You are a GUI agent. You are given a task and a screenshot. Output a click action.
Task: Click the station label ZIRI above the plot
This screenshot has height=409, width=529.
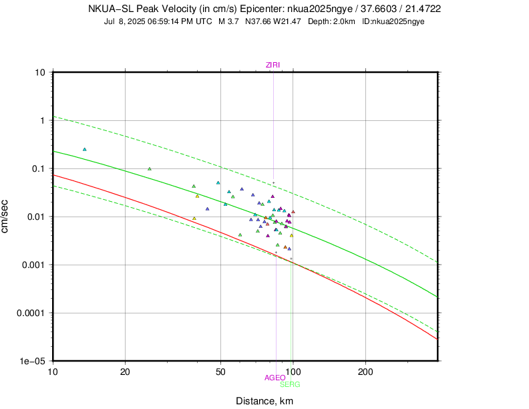[x=273, y=65]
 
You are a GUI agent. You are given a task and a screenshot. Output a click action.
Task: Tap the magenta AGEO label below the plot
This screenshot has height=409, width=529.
[x=275, y=378]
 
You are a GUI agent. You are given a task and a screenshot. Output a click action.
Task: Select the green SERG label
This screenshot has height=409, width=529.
[x=290, y=384]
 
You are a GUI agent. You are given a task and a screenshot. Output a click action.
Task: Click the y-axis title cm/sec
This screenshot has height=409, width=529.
[x=6, y=217]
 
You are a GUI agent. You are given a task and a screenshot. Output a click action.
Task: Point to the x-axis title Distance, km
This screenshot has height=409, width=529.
[x=264, y=401]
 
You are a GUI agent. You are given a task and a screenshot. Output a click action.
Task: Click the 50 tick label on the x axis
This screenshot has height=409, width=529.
[x=220, y=370]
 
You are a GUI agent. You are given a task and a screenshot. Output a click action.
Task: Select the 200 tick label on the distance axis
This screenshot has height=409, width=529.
[x=365, y=370]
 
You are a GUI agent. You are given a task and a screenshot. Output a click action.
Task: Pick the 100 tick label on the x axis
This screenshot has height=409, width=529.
[x=293, y=370]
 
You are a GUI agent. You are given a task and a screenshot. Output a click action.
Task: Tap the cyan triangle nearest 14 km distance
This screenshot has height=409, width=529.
[x=85, y=149]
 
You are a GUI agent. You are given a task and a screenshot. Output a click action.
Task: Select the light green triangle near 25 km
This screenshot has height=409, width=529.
[x=150, y=168]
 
